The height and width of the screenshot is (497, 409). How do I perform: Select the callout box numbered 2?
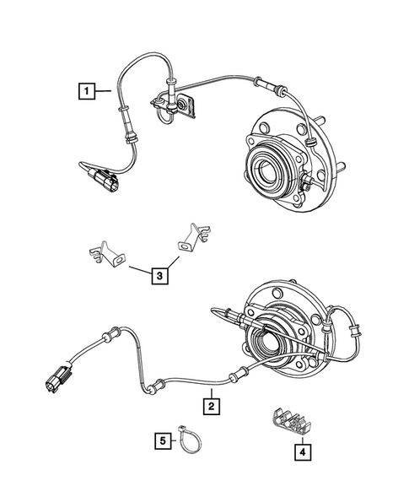click(212, 407)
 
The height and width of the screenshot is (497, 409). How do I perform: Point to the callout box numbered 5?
click(160, 439)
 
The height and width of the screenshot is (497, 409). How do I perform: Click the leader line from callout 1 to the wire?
click(103, 88)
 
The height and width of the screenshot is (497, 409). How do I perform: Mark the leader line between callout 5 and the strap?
click(175, 439)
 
